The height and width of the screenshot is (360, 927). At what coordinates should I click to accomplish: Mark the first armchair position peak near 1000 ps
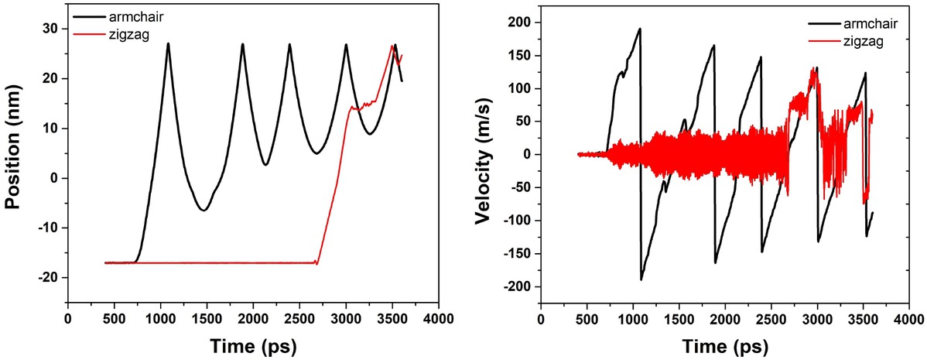(168, 44)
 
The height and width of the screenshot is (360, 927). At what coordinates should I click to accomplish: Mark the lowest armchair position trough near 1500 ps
(203, 210)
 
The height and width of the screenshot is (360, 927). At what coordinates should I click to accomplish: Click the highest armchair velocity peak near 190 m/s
(640, 29)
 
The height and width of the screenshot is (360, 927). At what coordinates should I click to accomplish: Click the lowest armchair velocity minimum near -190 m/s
(641, 279)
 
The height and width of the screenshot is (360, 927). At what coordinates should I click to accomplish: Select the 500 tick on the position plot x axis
(114, 318)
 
